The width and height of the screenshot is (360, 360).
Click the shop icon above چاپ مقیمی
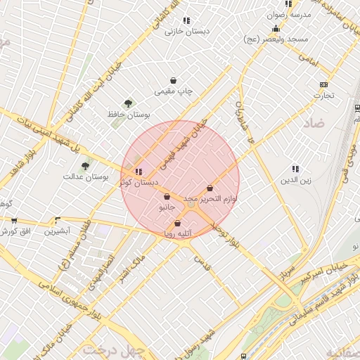[x=174, y=80]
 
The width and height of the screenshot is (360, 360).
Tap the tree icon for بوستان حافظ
[x=127, y=103]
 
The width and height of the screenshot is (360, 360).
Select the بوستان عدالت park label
[x=85, y=177]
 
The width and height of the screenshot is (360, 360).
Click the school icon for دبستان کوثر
[x=138, y=171]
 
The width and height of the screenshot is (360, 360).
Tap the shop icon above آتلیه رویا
[x=176, y=223]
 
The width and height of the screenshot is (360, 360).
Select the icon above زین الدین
[x=295, y=169]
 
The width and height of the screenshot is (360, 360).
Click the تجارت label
[x=323, y=94]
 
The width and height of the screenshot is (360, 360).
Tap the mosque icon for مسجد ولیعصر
[x=276, y=29]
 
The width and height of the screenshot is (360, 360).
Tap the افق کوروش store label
[x=15, y=231]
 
